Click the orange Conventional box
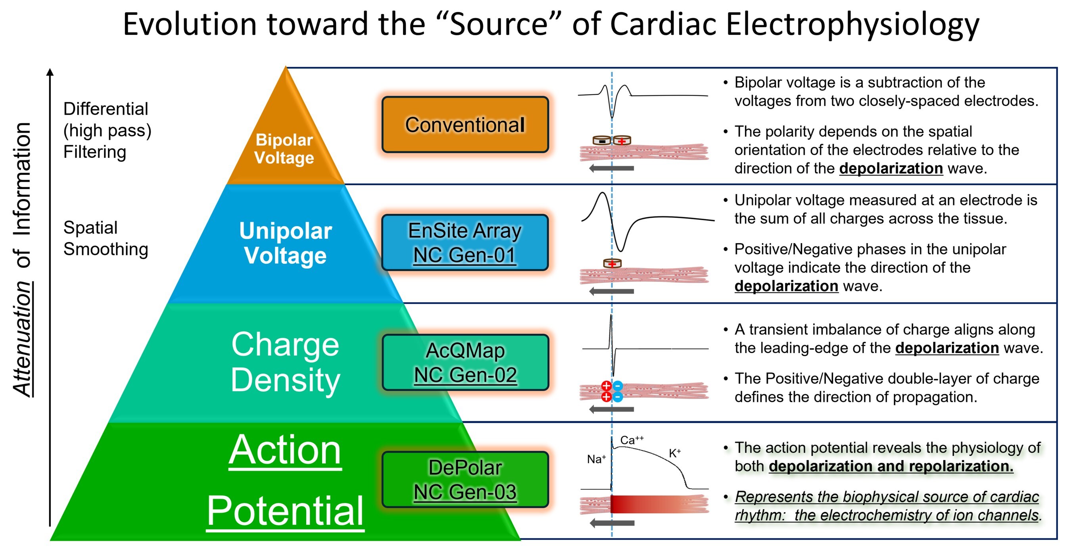click(465, 125)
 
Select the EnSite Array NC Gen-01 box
click(465, 242)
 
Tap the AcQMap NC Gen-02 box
click(465, 362)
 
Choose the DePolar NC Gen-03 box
click(465, 480)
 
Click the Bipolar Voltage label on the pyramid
click(284, 149)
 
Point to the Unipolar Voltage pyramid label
click(286, 243)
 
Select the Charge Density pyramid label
click(286, 362)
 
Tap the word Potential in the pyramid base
click(286, 511)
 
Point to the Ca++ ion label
click(632, 440)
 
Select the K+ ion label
click(675, 453)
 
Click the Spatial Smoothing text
click(106, 238)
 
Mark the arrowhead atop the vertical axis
click(50, 72)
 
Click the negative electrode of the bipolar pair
click(602, 140)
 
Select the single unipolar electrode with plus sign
click(612, 263)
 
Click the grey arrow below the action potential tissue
click(612, 523)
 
